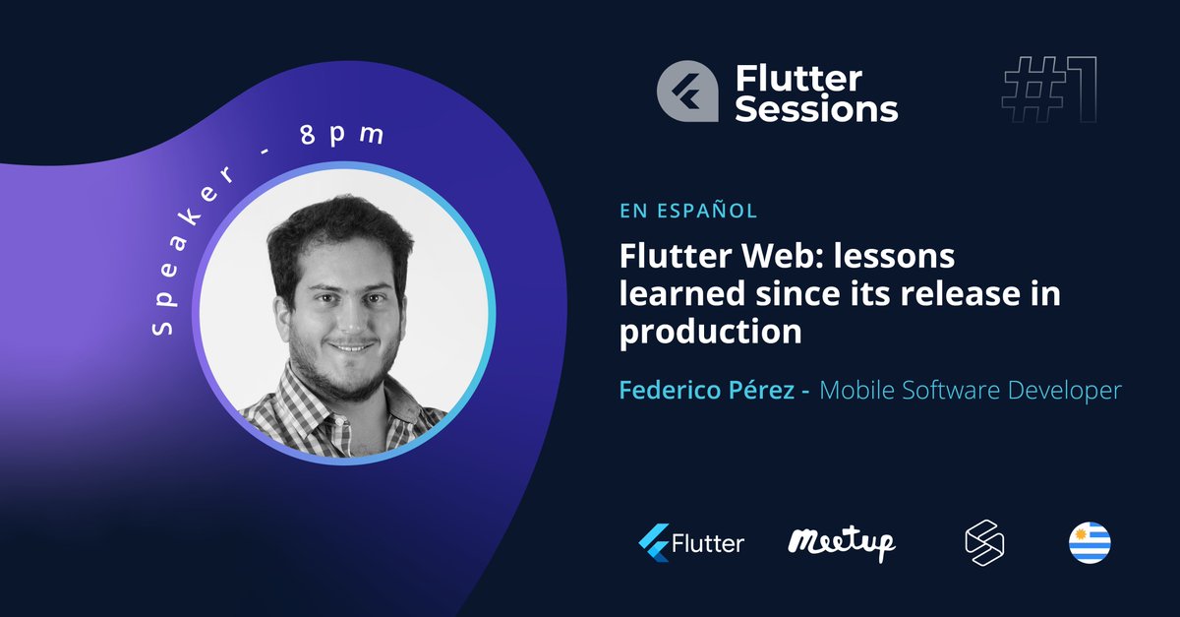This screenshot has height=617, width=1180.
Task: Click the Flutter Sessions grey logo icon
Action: pos(688,93)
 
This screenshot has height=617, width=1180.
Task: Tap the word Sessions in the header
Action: pos(816,108)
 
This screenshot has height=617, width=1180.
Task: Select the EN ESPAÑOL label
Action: pos(687,211)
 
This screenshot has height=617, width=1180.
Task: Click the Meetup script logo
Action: pos(842,541)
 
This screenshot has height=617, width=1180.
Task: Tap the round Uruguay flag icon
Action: pos(1090,542)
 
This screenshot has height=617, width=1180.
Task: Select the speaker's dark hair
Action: pos(334,226)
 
